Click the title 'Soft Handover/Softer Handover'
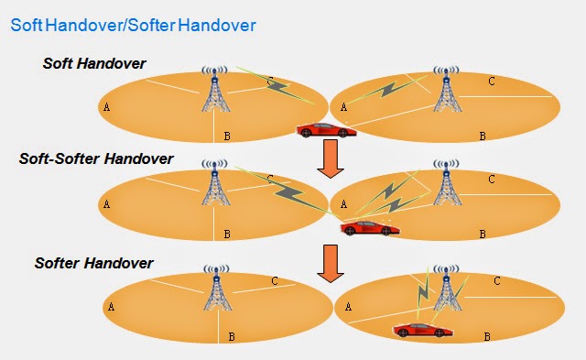[x=133, y=26]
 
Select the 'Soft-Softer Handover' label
[x=96, y=158]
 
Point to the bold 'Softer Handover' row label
[x=93, y=263]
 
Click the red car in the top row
[x=325, y=129]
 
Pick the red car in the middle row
[x=370, y=226]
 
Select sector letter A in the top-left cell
[x=108, y=106]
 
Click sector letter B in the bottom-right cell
[x=487, y=337]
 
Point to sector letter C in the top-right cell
[x=492, y=82]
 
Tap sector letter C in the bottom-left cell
[x=275, y=281]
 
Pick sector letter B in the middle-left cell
[x=227, y=235]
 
